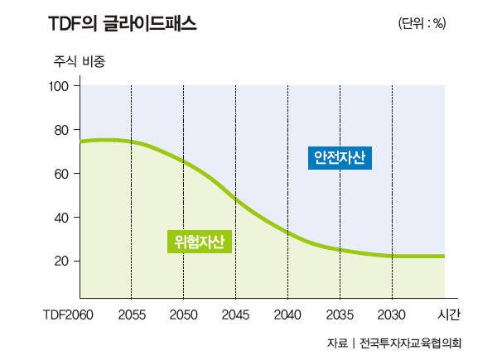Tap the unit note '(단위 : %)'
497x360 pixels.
[422, 24]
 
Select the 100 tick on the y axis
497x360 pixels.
[65, 86]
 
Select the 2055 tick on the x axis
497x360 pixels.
[131, 314]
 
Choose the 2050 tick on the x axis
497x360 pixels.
[183, 314]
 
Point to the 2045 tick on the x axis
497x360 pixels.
[235, 314]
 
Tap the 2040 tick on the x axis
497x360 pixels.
[287, 314]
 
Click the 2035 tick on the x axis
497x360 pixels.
[340, 314]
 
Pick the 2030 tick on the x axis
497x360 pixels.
[392, 314]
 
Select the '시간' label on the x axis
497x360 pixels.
[448, 314]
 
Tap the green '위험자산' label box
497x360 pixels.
[199, 242]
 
